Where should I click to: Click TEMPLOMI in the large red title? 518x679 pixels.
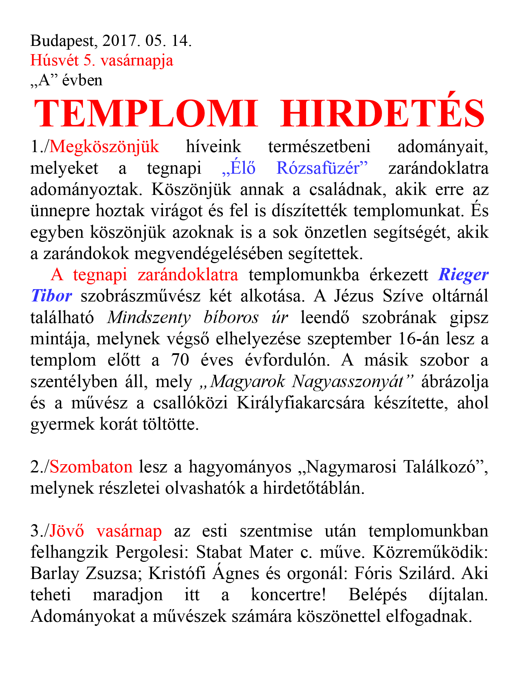146,113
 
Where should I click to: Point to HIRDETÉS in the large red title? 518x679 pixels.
382,113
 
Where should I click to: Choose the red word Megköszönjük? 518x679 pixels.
104,147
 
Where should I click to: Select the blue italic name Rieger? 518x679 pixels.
464,275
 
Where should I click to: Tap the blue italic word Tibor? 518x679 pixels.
51,296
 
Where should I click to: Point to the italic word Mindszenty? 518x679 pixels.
149,317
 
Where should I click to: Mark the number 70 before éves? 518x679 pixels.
180,360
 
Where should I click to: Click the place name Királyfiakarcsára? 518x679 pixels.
301,403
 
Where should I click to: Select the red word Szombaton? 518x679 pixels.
91,467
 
